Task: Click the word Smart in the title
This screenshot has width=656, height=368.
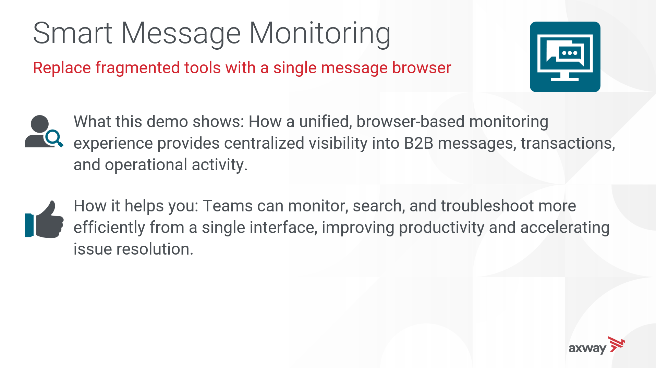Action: (73, 33)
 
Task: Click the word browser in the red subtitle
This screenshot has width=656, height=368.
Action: (422, 68)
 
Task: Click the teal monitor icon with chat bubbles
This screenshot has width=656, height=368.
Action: (565, 57)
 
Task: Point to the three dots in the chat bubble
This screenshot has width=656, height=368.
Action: (570, 53)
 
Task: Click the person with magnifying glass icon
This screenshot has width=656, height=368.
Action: (44, 131)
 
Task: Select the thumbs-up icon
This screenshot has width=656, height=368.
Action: (44, 219)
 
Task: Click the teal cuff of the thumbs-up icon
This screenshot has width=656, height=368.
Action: (29, 225)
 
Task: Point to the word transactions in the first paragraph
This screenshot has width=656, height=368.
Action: (568, 144)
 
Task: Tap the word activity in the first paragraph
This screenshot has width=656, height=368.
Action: (219, 165)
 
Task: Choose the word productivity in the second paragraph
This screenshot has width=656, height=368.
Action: (441, 228)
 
